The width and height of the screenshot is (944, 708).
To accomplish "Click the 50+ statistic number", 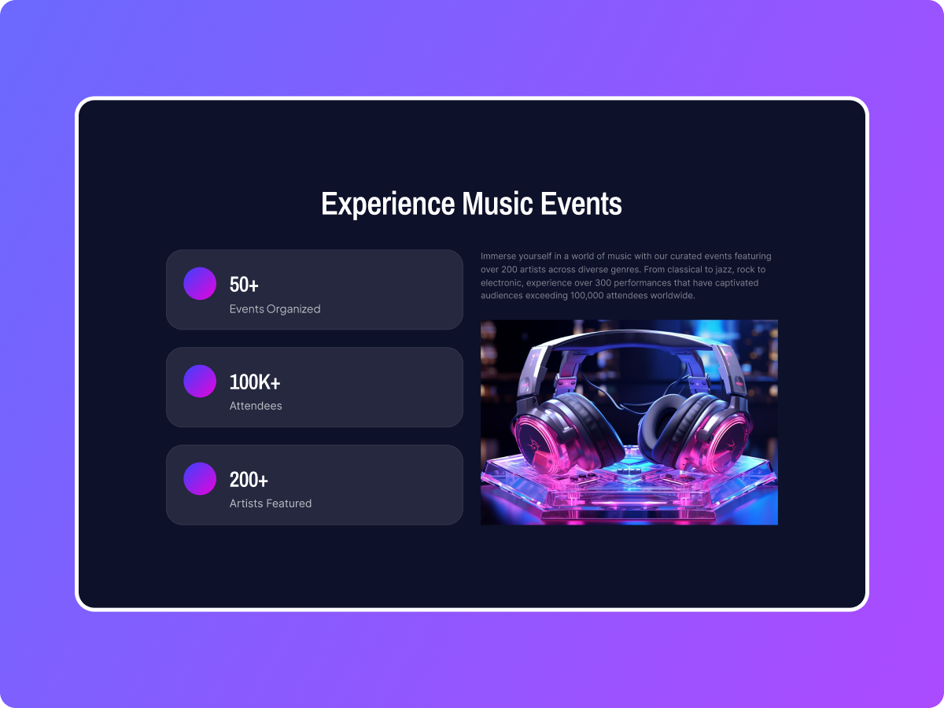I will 244,285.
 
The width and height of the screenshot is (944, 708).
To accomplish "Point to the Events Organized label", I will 275,309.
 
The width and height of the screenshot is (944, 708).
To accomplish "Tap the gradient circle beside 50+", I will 200,283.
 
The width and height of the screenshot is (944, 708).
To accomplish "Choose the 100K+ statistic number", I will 255,382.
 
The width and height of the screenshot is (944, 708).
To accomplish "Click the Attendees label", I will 256,407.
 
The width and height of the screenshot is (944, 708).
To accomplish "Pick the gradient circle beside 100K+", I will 200,381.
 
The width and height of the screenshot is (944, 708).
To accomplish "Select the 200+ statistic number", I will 249,480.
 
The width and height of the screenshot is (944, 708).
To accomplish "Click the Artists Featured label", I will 271,503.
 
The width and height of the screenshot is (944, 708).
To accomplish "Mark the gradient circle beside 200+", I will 200,478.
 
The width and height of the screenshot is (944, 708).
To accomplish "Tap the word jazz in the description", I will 728,270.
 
